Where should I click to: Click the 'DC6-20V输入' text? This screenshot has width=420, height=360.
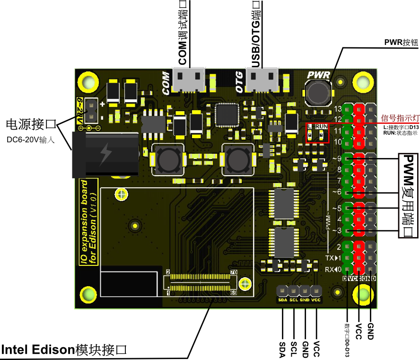click(31, 140)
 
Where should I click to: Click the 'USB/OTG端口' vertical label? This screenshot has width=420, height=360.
click(256, 33)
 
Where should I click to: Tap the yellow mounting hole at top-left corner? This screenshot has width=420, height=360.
click(87, 82)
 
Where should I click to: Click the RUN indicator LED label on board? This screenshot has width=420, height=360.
click(322, 127)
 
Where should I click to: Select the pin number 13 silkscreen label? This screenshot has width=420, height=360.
click(338, 109)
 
